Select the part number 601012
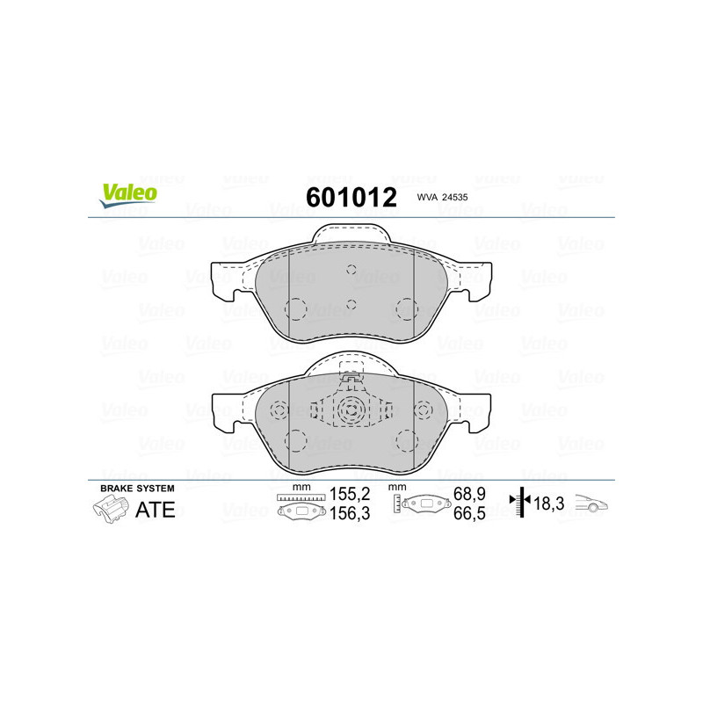pyautogui.click(x=351, y=197)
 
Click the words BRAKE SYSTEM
pyautogui.click(x=137, y=488)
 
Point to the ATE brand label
pyautogui.click(x=155, y=510)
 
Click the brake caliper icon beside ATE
pyautogui.click(x=109, y=509)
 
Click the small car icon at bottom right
pyautogui.click(x=591, y=505)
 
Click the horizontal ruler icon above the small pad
pyautogui.click(x=300, y=498)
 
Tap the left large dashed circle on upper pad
pyautogui.click(x=296, y=309)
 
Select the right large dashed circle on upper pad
pyautogui.click(x=405, y=308)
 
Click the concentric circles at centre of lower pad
pyautogui.click(x=351, y=409)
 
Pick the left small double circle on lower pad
pyautogui.click(x=280, y=409)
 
